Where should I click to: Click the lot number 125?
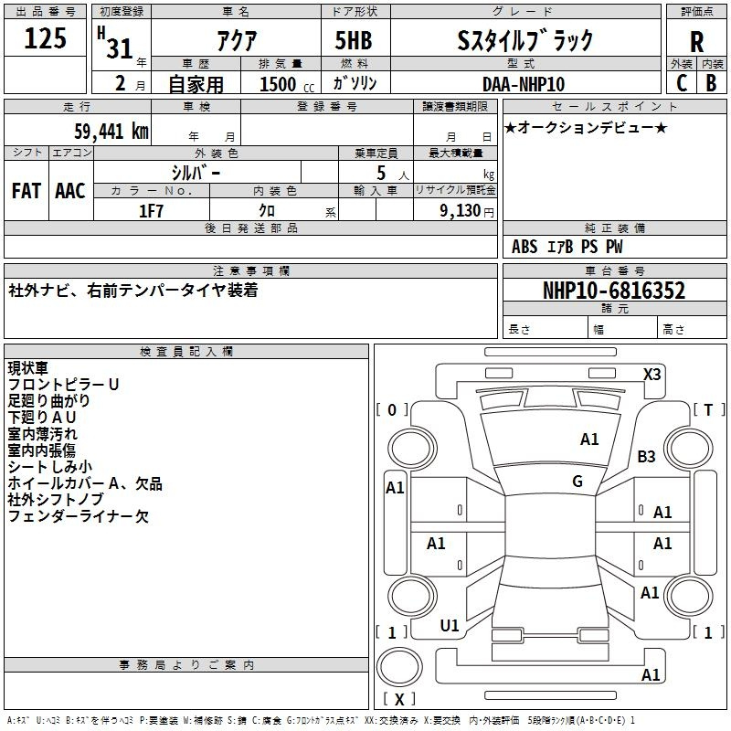click(x=45, y=37)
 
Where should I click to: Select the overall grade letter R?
click(x=696, y=41)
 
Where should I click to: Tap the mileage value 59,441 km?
click(x=111, y=131)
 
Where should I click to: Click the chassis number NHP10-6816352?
click(x=614, y=291)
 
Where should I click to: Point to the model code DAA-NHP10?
click(x=524, y=84)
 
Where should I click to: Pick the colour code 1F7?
click(x=151, y=211)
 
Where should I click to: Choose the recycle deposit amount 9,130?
click(x=461, y=211)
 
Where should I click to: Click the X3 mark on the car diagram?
click(x=652, y=375)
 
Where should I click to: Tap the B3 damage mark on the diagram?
click(x=646, y=456)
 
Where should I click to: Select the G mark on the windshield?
click(x=577, y=482)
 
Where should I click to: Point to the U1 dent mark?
click(x=450, y=626)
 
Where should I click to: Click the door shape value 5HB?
click(x=354, y=40)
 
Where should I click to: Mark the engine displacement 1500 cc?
click(x=287, y=84)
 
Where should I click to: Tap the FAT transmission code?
click(x=26, y=191)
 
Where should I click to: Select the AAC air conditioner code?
click(x=70, y=191)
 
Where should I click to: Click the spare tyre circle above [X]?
click(x=399, y=667)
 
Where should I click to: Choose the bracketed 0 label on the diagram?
click(x=392, y=410)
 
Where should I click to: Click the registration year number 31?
click(x=120, y=48)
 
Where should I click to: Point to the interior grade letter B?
click(x=711, y=83)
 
